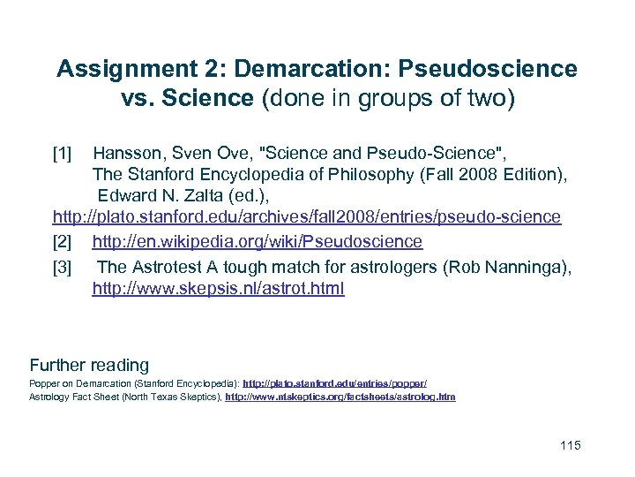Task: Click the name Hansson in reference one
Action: coord(127,154)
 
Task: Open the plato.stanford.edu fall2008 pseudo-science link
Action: coord(306,217)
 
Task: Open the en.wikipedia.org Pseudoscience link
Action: coord(257,242)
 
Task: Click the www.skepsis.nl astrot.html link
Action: coord(218,289)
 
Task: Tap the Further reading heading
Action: coord(89,365)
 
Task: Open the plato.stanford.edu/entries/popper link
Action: coord(334,384)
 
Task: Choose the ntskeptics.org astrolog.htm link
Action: coord(340,397)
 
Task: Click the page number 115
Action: coord(571,445)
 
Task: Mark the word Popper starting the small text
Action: coord(43,384)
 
